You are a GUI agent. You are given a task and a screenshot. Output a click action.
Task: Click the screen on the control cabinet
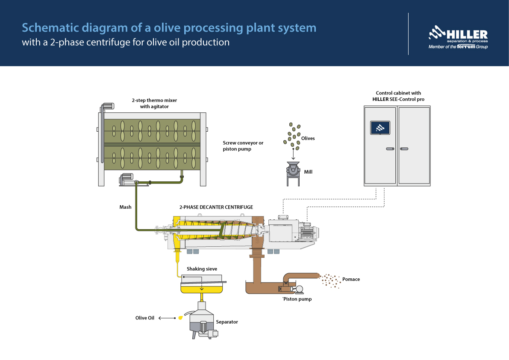click(380, 127)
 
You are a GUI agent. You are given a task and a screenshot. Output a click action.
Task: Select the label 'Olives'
click(308, 138)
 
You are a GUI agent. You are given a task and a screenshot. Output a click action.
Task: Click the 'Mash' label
click(125, 207)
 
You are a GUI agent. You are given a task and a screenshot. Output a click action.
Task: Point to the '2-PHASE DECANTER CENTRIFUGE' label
click(216, 207)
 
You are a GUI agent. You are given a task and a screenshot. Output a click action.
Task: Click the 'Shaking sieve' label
click(202, 269)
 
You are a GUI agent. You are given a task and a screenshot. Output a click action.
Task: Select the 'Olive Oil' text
click(145, 318)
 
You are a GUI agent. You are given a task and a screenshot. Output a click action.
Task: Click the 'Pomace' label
click(351, 279)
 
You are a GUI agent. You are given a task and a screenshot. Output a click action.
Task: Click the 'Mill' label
click(308, 172)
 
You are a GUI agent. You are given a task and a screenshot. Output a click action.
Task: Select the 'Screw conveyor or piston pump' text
click(243, 146)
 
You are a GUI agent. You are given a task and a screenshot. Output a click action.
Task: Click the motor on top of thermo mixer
click(106, 106)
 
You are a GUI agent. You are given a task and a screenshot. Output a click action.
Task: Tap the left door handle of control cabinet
click(390, 149)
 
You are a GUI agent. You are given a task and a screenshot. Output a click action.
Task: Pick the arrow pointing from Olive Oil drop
click(167, 318)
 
